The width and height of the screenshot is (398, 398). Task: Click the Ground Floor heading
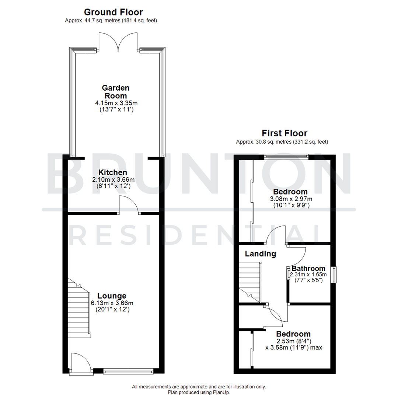pos(113,12)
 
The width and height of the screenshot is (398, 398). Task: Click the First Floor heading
pos(284,133)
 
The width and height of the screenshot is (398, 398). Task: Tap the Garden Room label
pos(116,92)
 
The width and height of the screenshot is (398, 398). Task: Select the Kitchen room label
pos(112,172)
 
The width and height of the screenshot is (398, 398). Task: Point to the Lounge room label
pos(112,296)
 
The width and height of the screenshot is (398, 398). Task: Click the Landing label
pos(261,254)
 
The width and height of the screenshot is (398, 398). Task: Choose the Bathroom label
pos(308,268)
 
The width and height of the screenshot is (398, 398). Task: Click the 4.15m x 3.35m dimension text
pos(116,102)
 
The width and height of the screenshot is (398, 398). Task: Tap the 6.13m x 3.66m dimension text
pos(112,303)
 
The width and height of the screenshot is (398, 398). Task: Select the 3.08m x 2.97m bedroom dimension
pos(290,199)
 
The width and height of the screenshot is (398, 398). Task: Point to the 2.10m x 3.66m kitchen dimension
pos(112,180)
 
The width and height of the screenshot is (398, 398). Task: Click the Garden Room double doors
pos(118,42)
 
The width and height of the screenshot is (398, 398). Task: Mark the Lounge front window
pos(128,371)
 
